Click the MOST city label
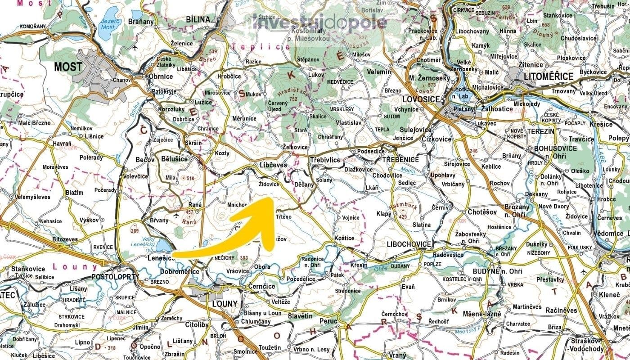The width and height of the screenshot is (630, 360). coord(68,67)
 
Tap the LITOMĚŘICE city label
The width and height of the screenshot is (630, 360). coord(549,76)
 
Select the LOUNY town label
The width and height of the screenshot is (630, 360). coord(224,304)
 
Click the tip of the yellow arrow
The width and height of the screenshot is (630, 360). coord(270,198)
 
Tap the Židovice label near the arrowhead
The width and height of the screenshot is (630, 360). coord(270,184)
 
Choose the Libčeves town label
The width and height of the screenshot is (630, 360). coord(273,165)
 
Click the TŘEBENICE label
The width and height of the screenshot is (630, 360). coord(400,160)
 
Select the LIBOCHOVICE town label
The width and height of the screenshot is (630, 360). coord(409,244)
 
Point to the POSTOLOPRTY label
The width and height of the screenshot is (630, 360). coord(115,277)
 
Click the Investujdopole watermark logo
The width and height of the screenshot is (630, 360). coord(319,22)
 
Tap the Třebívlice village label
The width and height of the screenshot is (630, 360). coord(325,160)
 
